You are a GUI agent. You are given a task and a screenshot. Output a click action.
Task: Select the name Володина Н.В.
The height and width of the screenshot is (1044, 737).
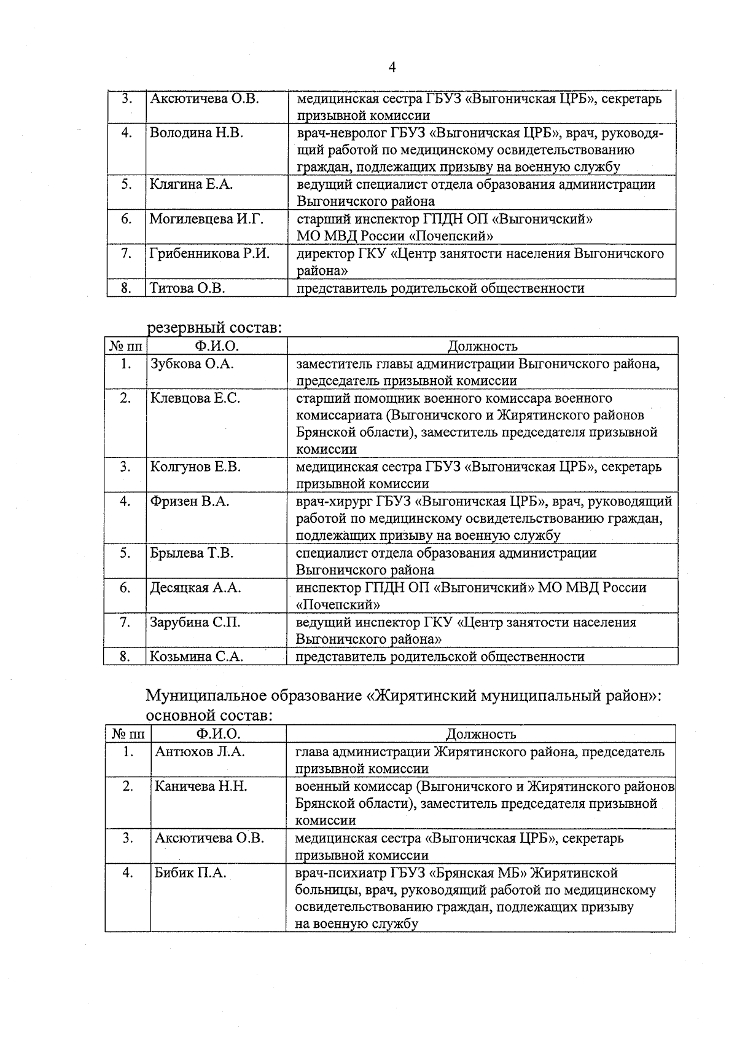pyautogui.click(x=196, y=133)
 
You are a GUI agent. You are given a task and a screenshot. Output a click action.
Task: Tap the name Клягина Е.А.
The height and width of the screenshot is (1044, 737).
pyautogui.click(x=191, y=184)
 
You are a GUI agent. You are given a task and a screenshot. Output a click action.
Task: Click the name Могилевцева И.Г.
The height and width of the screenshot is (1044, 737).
pyautogui.click(x=206, y=219)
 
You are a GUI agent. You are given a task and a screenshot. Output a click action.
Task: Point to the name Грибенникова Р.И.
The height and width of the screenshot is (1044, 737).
pyautogui.click(x=209, y=253)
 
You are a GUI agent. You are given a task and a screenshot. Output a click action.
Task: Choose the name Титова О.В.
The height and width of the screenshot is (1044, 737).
pyautogui.click(x=187, y=288)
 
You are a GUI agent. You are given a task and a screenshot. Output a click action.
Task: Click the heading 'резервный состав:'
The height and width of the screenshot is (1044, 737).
pyautogui.click(x=214, y=328)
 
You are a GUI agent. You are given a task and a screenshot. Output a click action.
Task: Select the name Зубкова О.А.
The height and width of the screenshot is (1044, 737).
pyautogui.click(x=192, y=364)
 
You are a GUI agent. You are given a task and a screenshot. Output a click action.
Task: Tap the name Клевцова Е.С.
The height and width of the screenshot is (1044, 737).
pyautogui.click(x=195, y=398)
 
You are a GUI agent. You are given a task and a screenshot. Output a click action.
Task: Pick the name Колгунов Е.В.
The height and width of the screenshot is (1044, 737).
pyautogui.click(x=195, y=467)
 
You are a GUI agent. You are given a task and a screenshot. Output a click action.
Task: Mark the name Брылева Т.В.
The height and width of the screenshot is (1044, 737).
pyautogui.click(x=192, y=553)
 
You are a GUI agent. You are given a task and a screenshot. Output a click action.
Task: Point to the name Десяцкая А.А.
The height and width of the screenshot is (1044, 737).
pyautogui.click(x=195, y=588)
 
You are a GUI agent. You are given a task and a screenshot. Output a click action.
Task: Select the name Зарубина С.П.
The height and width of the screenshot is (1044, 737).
pyautogui.click(x=195, y=622)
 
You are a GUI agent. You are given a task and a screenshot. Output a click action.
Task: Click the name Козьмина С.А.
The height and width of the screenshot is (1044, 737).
pyautogui.click(x=197, y=657)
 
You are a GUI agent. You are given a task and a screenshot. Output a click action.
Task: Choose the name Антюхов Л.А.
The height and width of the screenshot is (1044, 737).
pyautogui.click(x=200, y=752)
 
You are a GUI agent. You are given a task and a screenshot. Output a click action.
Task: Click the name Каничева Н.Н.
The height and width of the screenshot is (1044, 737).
pyautogui.click(x=201, y=786)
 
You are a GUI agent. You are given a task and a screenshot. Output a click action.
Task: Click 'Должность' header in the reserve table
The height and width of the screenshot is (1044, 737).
pyautogui.click(x=482, y=347)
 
